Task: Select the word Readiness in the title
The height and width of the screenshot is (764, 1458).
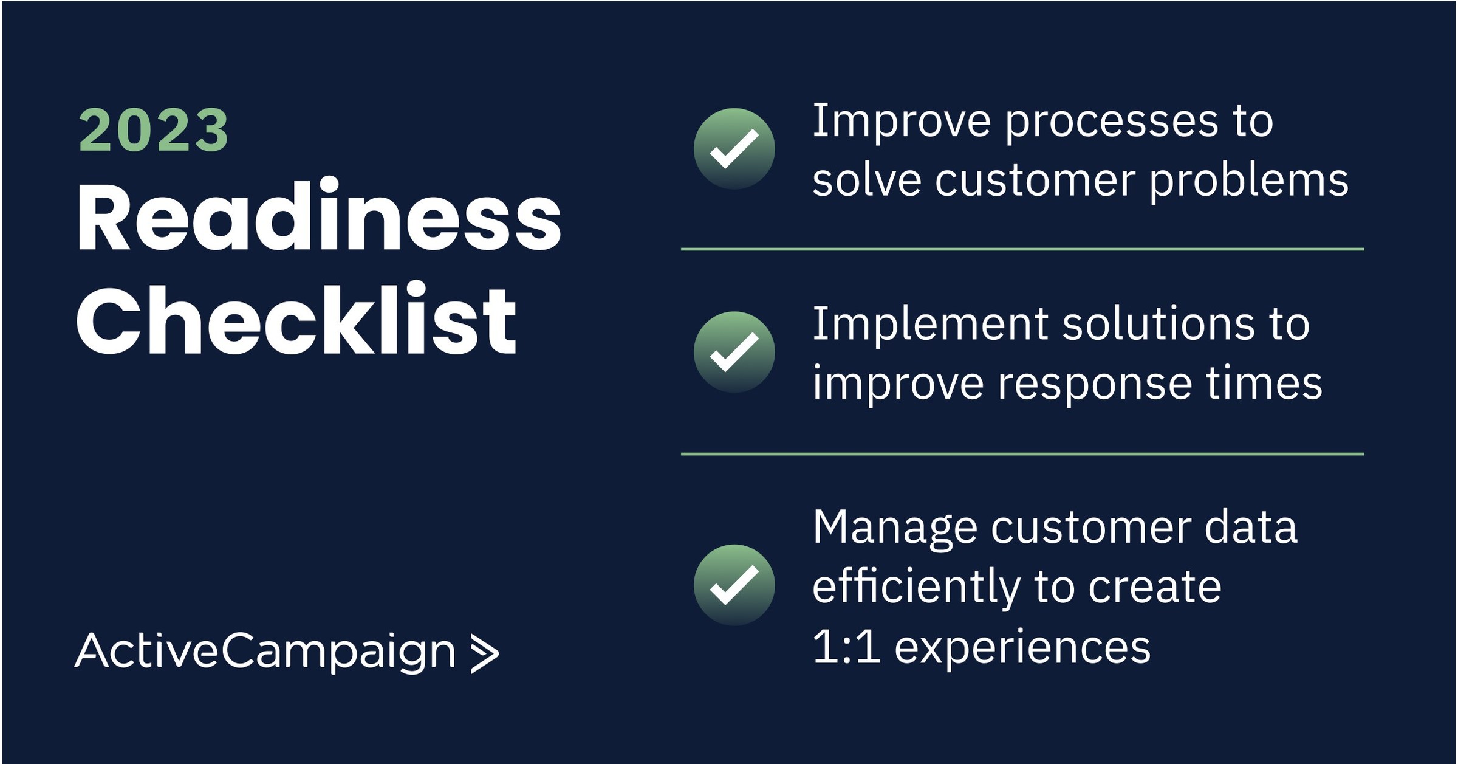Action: pyautogui.click(x=318, y=217)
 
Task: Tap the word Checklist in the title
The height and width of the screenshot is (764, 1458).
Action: pyautogui.click(x=296, y=320)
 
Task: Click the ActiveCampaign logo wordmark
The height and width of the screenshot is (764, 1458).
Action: pyautogui.click(x=265, y=652)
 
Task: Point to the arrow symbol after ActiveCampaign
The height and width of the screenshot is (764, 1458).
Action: pyautogui.click(x=484, y=655)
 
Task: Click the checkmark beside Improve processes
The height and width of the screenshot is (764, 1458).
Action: pyautogui.click(x=734, y=149)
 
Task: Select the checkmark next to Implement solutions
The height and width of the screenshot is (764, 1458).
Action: pyautogui.click(x=734, y=352)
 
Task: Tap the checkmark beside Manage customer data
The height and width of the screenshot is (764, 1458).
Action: pyautogui.click(x=734, y=585)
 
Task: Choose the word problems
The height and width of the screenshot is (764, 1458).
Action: pyautogui.click(x=1248, y=182)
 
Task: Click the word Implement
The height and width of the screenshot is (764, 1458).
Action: pyautogui.click(x=930, y=325)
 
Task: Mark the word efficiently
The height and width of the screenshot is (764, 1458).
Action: pyautogui.click(x=917, y=587)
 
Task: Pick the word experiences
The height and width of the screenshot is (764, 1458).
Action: pyautogui.click(x=1022, y=647)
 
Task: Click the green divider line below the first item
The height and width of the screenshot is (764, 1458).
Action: pyautogui.click(x=1022, y=249)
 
